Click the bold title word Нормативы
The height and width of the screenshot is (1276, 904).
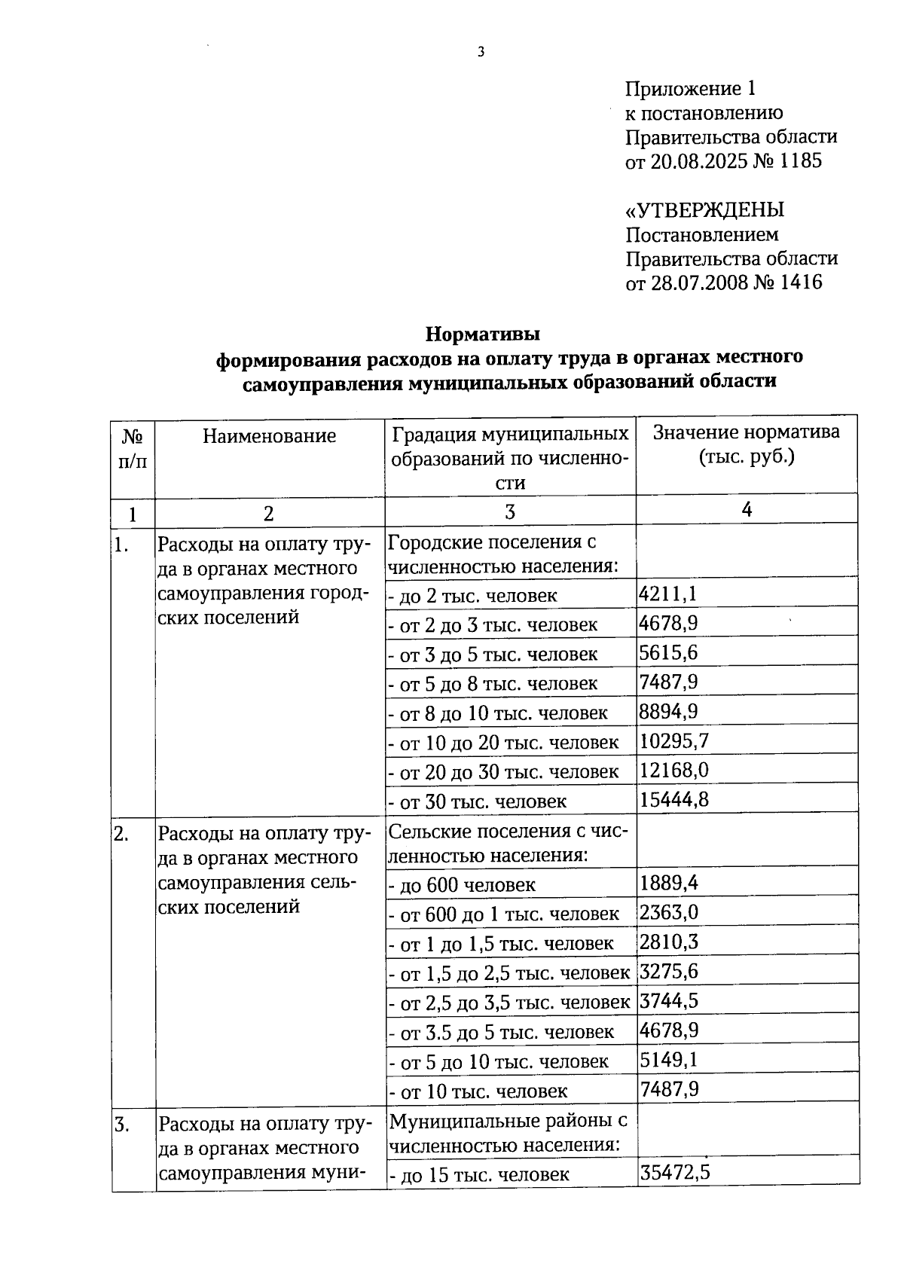[483, 332]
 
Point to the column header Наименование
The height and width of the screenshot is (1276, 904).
[269, 436]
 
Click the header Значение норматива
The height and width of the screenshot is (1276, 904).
[746, 432]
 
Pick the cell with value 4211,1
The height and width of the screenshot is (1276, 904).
[667, 594]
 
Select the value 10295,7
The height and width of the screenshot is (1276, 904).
[673, 741]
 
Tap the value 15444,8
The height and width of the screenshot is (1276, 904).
[673, 800]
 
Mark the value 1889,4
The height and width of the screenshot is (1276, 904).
[668, 883]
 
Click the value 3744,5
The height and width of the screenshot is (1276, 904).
[668, 1001]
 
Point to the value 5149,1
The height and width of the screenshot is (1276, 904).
[668, 1060]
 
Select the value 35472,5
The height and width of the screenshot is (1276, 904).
[675, 1173]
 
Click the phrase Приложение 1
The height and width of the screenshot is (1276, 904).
[689, 89]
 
